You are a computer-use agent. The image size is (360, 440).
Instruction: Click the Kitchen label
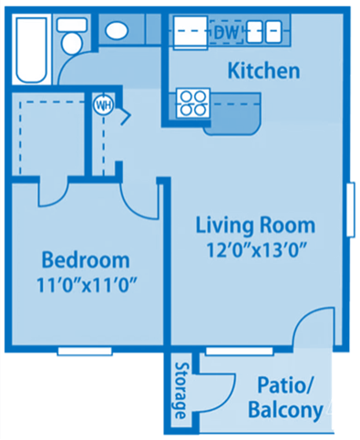coord(263,70)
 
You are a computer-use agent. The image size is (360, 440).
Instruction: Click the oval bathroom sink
coord(116,30)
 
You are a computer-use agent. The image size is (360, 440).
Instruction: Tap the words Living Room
coord(256,225)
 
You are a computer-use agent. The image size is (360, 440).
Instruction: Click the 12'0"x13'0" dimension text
coord(256,248)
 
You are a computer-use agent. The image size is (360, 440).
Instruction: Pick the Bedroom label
coord(86,260)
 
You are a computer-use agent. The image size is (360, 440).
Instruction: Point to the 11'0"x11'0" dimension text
coord(86,282)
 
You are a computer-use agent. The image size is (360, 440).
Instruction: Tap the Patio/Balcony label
coord(285,397)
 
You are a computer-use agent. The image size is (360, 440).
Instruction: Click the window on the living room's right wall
coord(351,210)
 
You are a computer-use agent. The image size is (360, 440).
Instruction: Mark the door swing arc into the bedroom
coord(55,193)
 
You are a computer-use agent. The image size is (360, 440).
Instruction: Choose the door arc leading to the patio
coord(314,328)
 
